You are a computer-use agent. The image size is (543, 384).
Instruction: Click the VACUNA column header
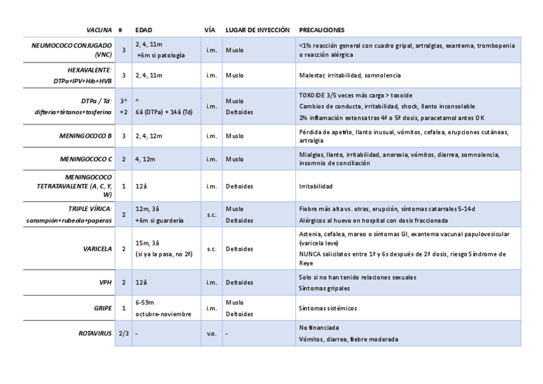click(99, 30)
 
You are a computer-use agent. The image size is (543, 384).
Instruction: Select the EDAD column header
click(143, 30)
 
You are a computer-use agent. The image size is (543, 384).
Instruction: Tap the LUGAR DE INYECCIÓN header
click(257, 30)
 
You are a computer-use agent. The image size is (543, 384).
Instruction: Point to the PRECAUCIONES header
click(322, 30)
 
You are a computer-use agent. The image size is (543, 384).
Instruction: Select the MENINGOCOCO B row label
click(86, 136)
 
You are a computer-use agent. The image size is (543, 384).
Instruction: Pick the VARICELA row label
click(97, 248)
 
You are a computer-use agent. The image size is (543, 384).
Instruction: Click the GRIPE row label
click(103, 308)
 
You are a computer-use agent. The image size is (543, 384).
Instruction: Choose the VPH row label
click(106, 282)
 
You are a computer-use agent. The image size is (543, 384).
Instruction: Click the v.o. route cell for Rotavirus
click(211, 333)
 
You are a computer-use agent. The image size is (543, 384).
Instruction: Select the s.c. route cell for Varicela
click(211, 248)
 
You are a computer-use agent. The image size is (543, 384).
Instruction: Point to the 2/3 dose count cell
click(124, 333)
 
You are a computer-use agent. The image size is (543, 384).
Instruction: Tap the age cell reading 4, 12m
click(145, 159)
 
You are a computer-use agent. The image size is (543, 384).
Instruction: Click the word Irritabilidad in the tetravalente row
click(316, 187)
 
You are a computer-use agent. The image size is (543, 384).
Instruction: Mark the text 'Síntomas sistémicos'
click(328, 308)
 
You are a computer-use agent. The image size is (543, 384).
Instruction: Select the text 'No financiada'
click(318, 328)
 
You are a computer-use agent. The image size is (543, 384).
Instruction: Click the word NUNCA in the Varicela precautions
click(309, 255)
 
